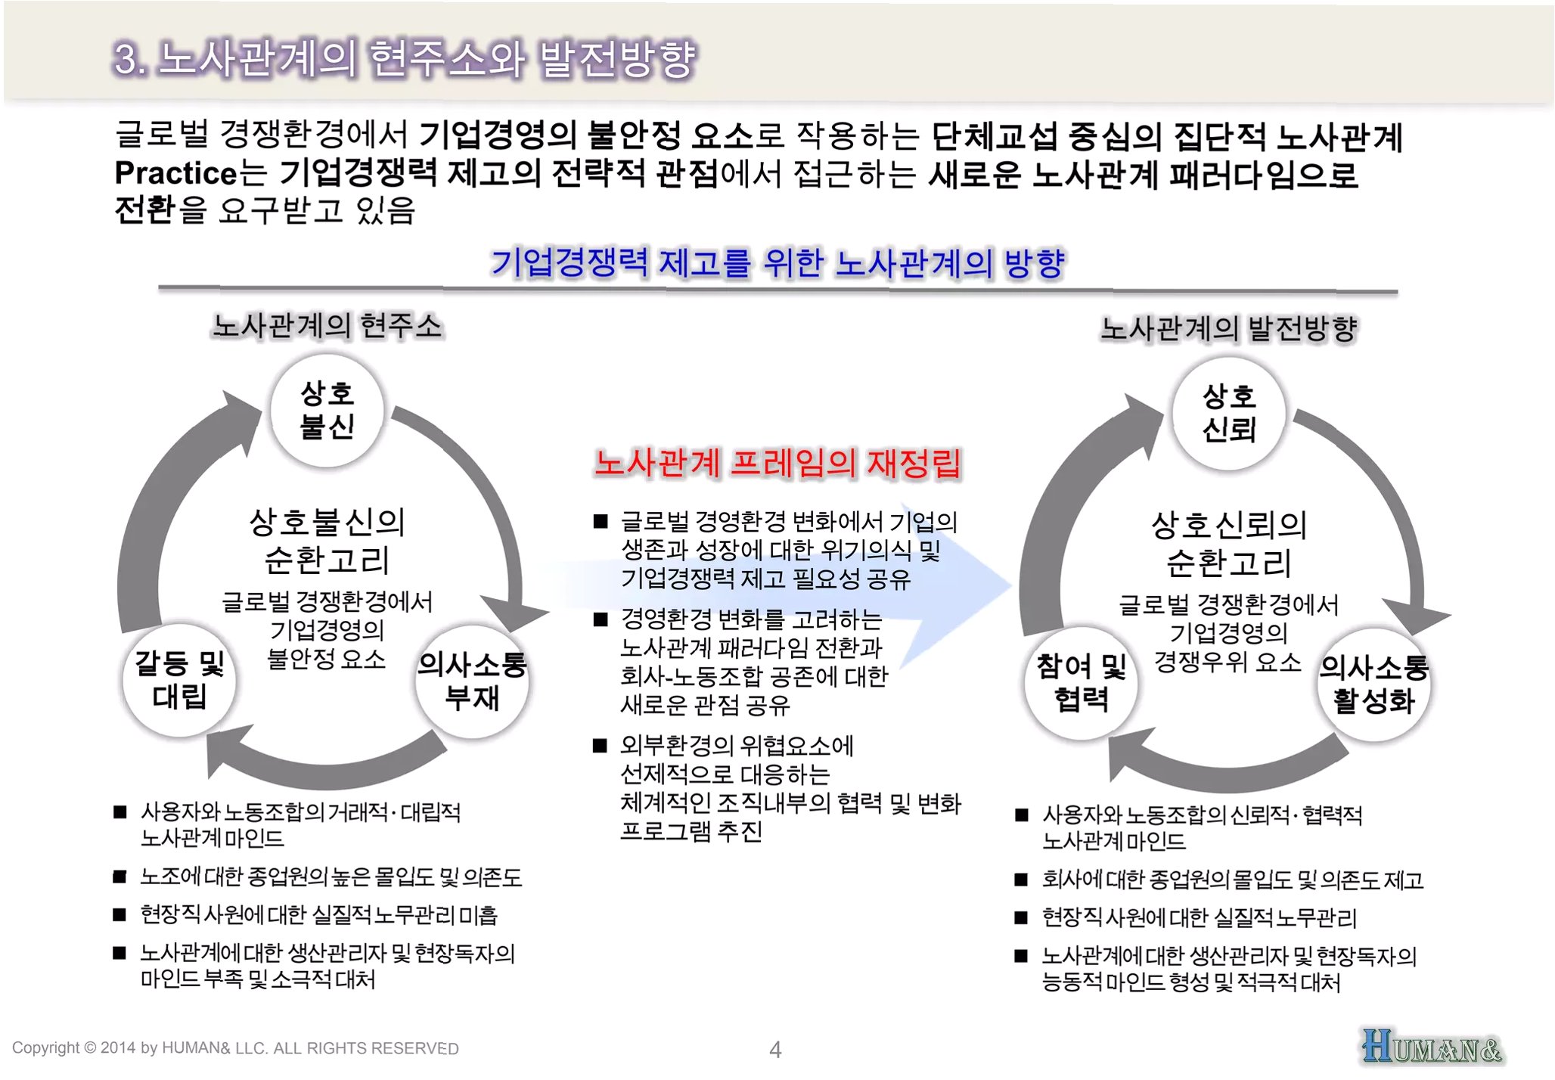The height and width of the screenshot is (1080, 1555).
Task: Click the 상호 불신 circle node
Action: pyautogui.click(x=327, y=410)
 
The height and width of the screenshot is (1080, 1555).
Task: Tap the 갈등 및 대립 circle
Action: pyautogui.click(x=179, y=679)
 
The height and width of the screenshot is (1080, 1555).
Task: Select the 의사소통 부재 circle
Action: pyautogui.click(x=472, y=681)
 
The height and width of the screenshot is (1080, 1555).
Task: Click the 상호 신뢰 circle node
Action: pyautogui.click(x=1228, y=413)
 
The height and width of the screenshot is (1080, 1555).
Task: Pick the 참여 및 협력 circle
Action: pyautogui.click(x=1081, y=682)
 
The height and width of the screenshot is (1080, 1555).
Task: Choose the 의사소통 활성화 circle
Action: pyautogui.click(x=1373, y=684)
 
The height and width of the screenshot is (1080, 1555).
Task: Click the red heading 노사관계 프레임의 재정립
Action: pyautogui.click(x=777, y=463)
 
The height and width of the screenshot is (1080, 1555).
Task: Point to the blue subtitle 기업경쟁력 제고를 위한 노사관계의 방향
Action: pyautogui.click(x=777, y=263)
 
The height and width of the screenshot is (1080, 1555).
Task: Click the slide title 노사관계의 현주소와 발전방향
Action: pyautogui.click(x=405, y=59)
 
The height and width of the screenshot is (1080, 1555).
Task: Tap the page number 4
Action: pyautogui.click(x=775, y=1050)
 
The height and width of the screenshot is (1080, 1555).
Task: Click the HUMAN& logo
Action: pyautogui.click(x=1431, y=1047)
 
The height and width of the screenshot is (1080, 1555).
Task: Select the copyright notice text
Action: pyautogui.click(x=235, y=1048)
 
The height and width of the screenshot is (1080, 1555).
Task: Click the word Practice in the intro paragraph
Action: pyautogui.click(x=176, y=173)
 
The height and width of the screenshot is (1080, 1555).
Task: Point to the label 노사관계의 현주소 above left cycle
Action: pyautogui.click(x=327, y=326)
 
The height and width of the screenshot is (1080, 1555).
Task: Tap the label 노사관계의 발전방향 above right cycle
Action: pyautogui.click(x=1228, y=328)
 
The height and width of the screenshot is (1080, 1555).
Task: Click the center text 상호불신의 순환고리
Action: pyautogui.click(x=327, y=541)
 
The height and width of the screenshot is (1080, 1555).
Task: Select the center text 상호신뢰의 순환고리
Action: pyautogui.click(x=1228, y=544)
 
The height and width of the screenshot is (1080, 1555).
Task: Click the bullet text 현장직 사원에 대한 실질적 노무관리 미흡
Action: pyautogui.click(x=318, y=915)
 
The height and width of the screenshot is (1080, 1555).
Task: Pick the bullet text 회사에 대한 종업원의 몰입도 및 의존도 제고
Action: pyautogui.click(x=1232, y=880)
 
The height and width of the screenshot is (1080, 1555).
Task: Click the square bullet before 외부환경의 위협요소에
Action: pyautogui.click(x=601, y=746)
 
